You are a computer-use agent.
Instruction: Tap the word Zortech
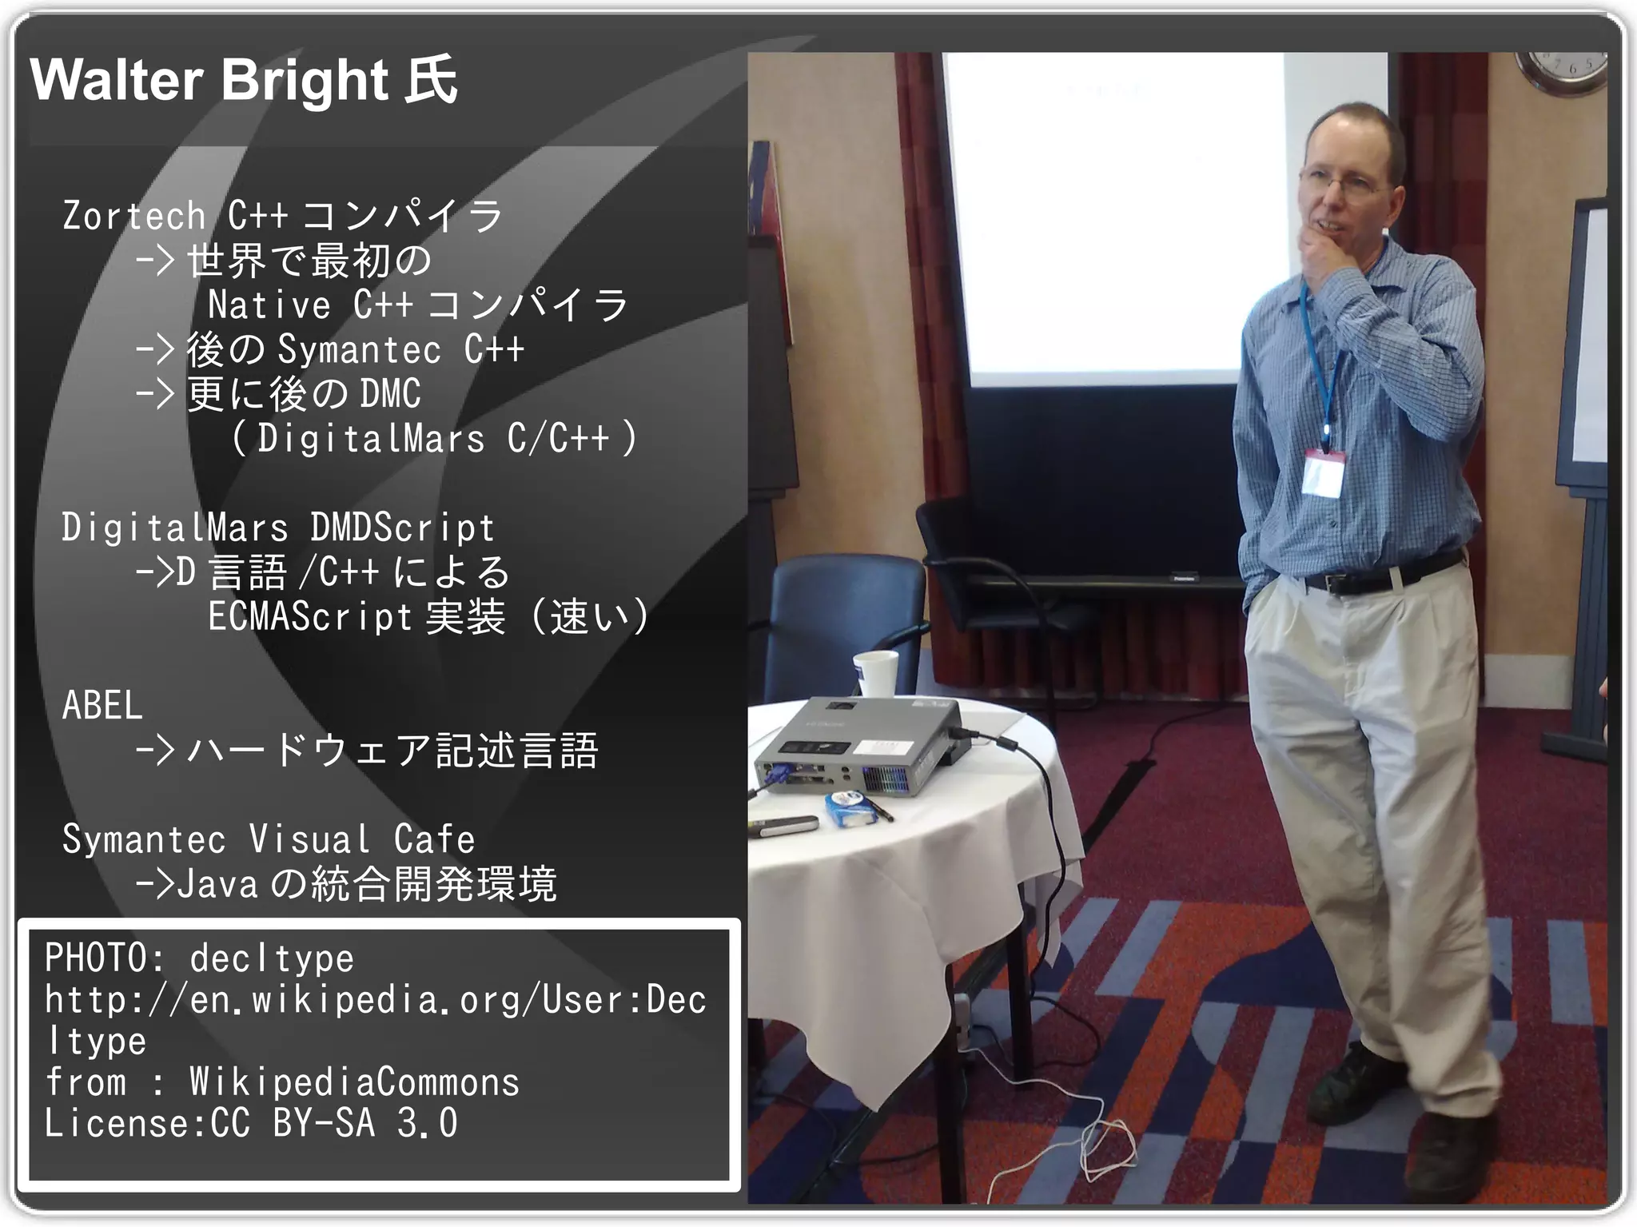134,216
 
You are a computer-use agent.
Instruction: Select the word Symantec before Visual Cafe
144,839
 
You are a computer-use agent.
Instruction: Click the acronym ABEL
102,706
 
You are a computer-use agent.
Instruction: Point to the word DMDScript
402,528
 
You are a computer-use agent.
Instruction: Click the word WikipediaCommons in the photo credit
354,1082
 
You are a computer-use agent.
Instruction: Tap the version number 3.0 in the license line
427,1123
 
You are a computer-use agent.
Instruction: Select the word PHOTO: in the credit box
105,958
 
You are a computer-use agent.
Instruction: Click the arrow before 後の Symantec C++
154,349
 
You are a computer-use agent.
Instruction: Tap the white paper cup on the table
876,674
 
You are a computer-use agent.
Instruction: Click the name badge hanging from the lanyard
1323,472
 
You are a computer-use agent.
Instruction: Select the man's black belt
1383,574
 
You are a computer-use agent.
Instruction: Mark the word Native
269,305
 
